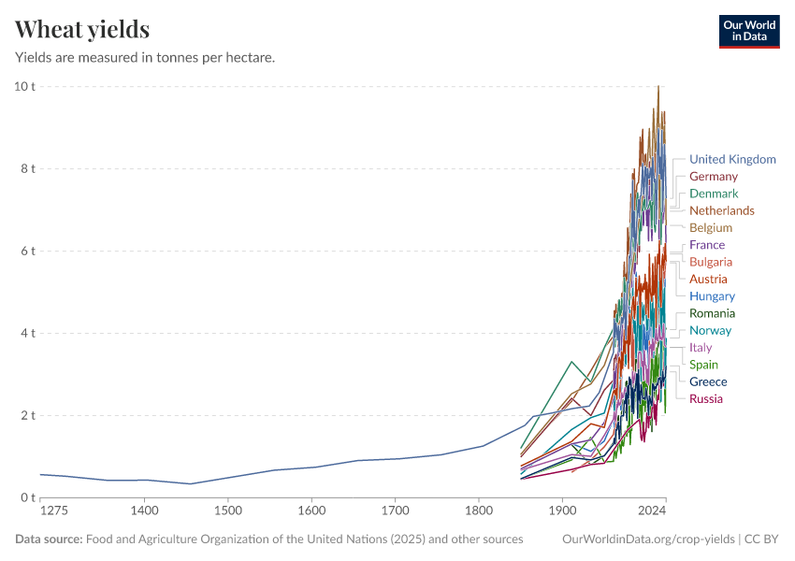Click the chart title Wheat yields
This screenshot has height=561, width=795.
82,30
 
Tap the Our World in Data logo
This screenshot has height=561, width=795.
749,31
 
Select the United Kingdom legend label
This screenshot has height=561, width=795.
732,159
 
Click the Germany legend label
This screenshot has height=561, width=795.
713,176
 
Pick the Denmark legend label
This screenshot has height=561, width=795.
713,194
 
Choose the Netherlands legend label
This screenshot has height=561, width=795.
721,210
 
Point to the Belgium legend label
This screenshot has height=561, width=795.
710,227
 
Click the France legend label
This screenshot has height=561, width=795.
706,245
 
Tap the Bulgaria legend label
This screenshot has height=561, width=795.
710,262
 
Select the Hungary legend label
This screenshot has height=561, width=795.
712,296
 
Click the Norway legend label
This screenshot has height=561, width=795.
710,330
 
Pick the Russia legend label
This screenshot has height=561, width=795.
705,399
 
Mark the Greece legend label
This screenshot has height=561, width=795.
707,381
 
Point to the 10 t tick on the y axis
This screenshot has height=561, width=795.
24,87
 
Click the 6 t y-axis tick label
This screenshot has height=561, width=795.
27,252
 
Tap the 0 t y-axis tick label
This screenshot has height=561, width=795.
27,497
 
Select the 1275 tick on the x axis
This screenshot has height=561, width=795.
54,511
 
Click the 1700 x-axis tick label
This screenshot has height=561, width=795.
395,511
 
